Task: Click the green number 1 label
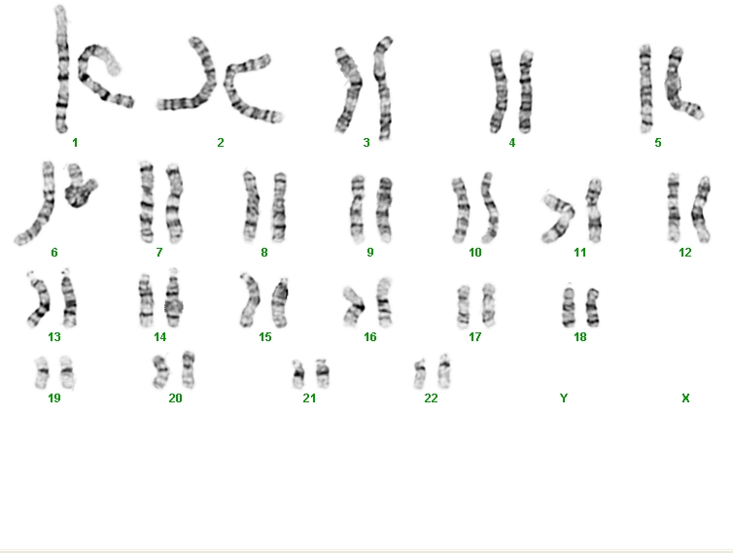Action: pos(75,143)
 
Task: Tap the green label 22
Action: pos(431,398)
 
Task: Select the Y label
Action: pos(564,398)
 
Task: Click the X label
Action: pos(685,398)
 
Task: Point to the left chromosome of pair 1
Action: pos(61,70)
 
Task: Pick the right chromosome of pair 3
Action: pos(384,88)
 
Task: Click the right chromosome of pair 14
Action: pos(173,299)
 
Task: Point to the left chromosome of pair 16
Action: pos(354,306)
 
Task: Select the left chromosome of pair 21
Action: pos(297,374)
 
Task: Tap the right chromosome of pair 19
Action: pos(67,372)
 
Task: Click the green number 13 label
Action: pos(54,337)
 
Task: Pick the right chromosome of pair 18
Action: pos(592,307)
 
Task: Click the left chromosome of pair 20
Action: pos(161,371)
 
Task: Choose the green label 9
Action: pos(370,253)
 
